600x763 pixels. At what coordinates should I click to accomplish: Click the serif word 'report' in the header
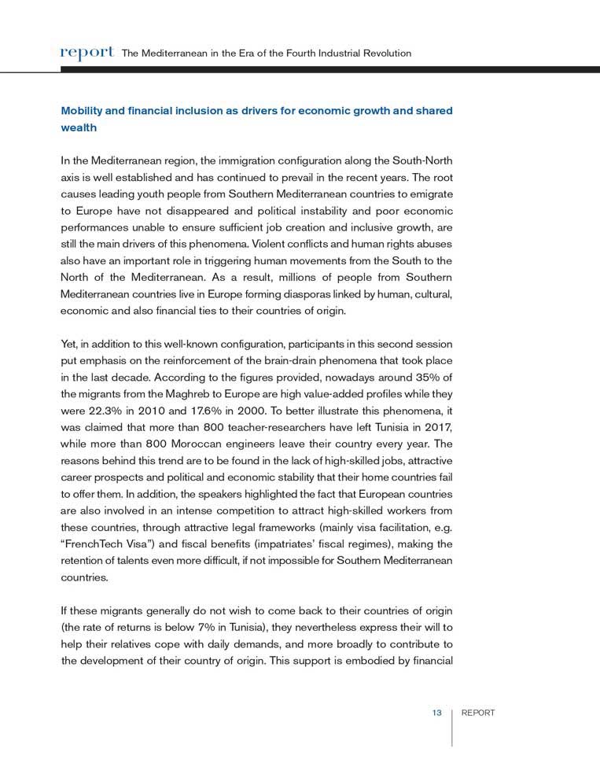tap(87, 53)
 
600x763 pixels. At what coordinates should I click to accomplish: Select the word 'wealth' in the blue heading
tap(79, 127)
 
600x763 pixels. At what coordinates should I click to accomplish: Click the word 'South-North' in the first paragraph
tap(421, 161)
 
